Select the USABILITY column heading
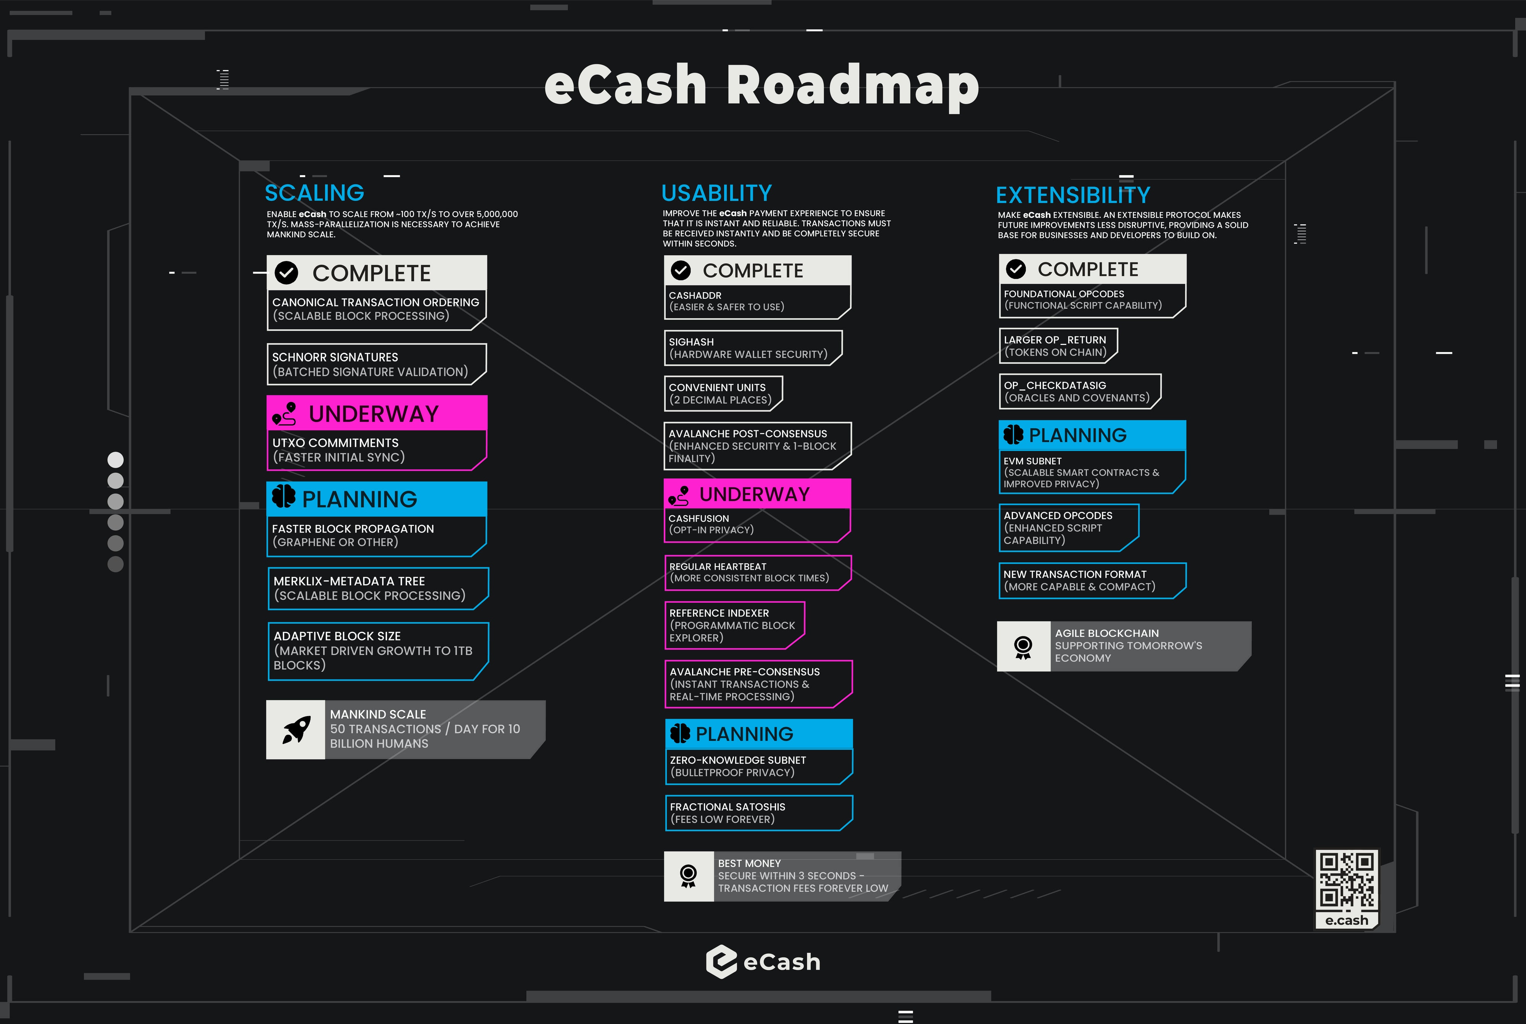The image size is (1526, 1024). (x=716, y=193)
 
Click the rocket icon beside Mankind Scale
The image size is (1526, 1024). (x=296, y=729)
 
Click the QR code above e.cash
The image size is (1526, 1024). (x=1346, y=881)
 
